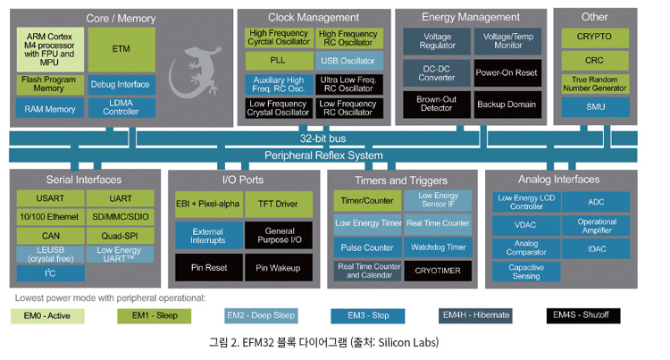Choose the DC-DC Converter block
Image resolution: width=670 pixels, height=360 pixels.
point(430,72)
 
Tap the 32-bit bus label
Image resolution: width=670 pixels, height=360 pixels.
point(324,139)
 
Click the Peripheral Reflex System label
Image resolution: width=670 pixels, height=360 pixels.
point(324,155)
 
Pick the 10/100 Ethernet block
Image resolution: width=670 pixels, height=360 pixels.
point(49,217)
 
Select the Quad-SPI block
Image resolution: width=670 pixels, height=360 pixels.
point(120,236)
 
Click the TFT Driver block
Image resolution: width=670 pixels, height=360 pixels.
point(279,205)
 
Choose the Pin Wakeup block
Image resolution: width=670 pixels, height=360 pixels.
point(279,267)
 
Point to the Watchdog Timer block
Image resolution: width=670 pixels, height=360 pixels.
point(437,247)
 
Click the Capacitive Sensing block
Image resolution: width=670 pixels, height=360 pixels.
point(526,272)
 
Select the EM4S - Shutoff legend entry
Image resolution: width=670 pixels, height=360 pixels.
point(583,315)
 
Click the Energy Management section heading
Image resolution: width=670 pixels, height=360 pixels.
point(470,17)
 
